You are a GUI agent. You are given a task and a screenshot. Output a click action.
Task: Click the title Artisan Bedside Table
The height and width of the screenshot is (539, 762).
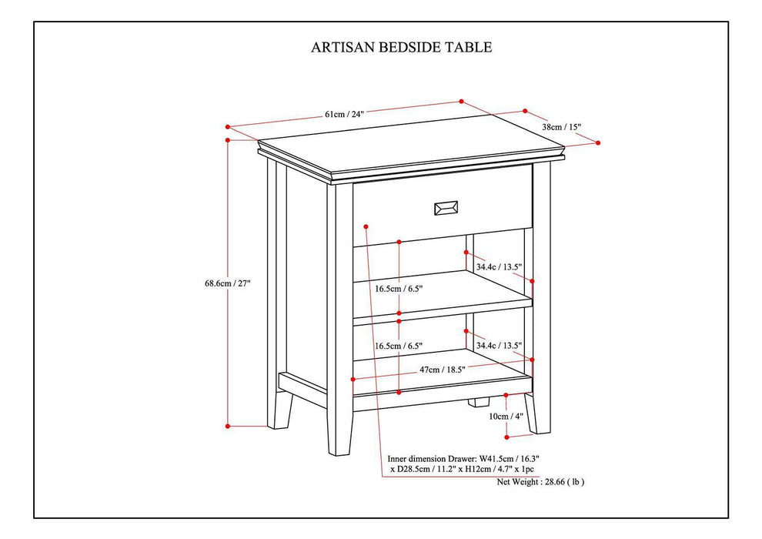401,47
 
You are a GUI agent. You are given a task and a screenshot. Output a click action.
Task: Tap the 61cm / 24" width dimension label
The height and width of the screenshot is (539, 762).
343,113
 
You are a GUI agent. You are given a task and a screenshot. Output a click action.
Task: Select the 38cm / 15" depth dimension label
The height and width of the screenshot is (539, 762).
561,126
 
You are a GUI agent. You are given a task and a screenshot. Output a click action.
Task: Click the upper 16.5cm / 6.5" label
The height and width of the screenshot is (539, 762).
399,289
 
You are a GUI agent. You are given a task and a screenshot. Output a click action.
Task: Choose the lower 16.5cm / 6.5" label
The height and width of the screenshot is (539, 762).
399,346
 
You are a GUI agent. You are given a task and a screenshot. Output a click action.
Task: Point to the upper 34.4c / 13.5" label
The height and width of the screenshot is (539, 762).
499,267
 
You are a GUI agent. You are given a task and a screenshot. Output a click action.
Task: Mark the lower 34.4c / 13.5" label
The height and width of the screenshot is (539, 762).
499,345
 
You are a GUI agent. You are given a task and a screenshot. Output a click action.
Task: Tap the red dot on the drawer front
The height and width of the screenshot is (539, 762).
366,226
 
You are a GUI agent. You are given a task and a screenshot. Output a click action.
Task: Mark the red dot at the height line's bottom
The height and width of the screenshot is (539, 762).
229,425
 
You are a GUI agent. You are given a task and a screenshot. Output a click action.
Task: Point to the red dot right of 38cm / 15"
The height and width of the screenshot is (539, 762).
598,142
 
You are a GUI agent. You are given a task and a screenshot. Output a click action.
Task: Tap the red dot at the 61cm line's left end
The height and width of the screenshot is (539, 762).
229,126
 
